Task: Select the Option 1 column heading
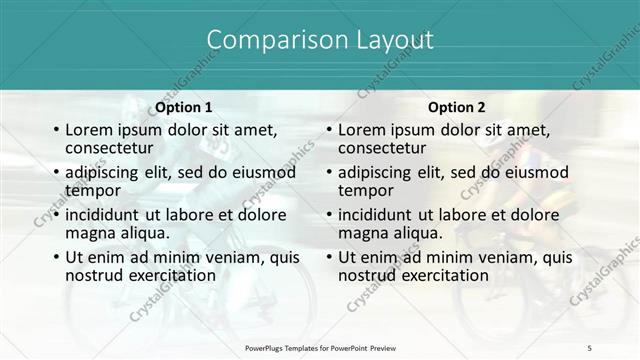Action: click(184, 107)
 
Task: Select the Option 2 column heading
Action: click(457, 107)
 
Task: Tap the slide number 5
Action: click(589, 347)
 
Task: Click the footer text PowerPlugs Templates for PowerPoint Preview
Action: click(320, 347)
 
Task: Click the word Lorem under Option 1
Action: click(89, 129)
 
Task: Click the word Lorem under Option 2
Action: click(362, 129)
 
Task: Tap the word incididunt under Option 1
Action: click(107, 214)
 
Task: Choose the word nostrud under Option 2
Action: click(368, 274)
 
